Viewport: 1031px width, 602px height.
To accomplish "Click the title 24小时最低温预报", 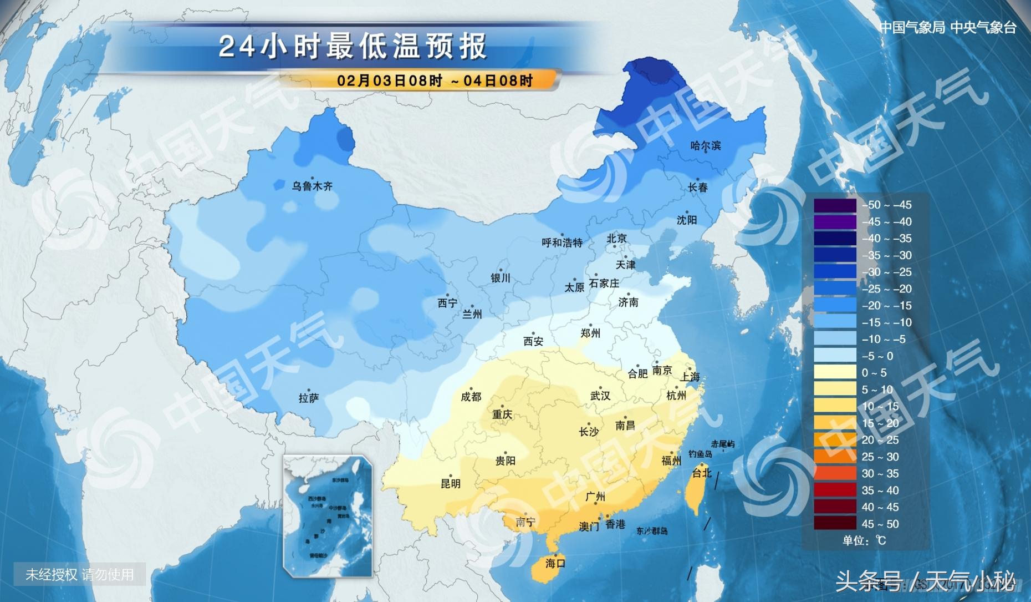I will [x=353, y=47].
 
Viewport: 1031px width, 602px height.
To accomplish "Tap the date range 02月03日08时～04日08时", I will [x=435, y=80].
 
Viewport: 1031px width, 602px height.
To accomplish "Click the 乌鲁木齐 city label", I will [x=312, y=186].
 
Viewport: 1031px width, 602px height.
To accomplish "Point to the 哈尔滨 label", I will [x=706, y=146].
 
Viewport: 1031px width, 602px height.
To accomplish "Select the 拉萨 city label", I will [x=309, y=398].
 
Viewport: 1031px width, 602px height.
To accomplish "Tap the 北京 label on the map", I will [x=616, y=239].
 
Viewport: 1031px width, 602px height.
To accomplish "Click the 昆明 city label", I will [x=450, y=484].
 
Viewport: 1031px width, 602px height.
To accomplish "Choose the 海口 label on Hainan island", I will [x=555, y=564].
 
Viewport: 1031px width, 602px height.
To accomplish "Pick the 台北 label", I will [x=702, y=473].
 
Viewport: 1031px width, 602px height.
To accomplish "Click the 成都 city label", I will [x=471, y=397].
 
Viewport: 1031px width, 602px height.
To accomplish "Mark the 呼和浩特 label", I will [x=562, y=243].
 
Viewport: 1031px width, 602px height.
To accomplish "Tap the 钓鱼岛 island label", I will [x=700, y=454].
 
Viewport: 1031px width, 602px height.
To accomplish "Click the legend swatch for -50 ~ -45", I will [x=835, y=205].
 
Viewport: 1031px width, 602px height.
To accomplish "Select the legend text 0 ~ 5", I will [x=874, y=373].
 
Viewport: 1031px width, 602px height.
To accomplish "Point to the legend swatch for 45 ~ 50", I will [x=835, y=524].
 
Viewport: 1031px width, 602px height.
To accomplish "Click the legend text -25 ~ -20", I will [x=886, y=289].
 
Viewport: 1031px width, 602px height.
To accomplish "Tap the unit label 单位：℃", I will [x=864, y=540].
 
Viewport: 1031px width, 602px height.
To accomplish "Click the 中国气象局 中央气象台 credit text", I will [x=948, y=28].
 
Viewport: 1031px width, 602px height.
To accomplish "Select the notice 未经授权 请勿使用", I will [x=79, y=575].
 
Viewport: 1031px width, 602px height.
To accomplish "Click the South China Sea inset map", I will [x=328, y=516].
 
